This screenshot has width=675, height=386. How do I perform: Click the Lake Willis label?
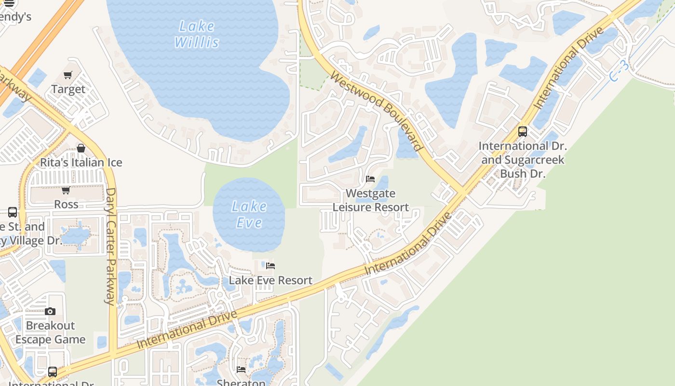(x=197, y=34)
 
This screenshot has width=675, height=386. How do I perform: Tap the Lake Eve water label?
(x=249, y=214)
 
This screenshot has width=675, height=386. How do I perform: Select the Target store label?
(x=68, y=89)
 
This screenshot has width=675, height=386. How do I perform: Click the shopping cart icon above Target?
(x=67, y=75)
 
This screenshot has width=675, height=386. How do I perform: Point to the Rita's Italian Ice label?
(x=81, y=163)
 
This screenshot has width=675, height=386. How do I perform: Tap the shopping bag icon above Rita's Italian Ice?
(x=81, y=148)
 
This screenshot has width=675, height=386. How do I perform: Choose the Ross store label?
(x=66, y=204)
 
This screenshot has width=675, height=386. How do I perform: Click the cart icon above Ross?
(x=66, y=190)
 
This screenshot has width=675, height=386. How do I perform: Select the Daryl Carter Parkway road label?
(x=111, y=246)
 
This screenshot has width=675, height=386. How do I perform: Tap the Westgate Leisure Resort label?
(x=371, y=200)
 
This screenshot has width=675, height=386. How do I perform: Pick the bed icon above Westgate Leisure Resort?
(x=370, y=179)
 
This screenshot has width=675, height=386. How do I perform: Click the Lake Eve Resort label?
(x=270, y=280)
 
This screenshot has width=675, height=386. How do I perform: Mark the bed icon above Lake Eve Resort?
(x=270, y=266)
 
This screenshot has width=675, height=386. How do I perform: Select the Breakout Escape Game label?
(x=50, y=332)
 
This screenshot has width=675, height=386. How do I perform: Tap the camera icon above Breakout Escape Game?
(x=50, y=312)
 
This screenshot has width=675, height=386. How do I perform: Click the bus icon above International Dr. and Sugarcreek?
(x=523, y=131)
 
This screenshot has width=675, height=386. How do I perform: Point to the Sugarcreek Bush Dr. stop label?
(x=523, y=160)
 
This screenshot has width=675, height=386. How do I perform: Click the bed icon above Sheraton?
(x=241, y=370)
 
